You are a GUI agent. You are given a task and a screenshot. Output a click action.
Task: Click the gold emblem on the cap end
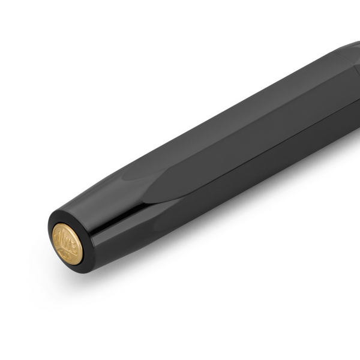click(68, 244)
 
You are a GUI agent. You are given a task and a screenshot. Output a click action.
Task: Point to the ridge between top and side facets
click(240, 120)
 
